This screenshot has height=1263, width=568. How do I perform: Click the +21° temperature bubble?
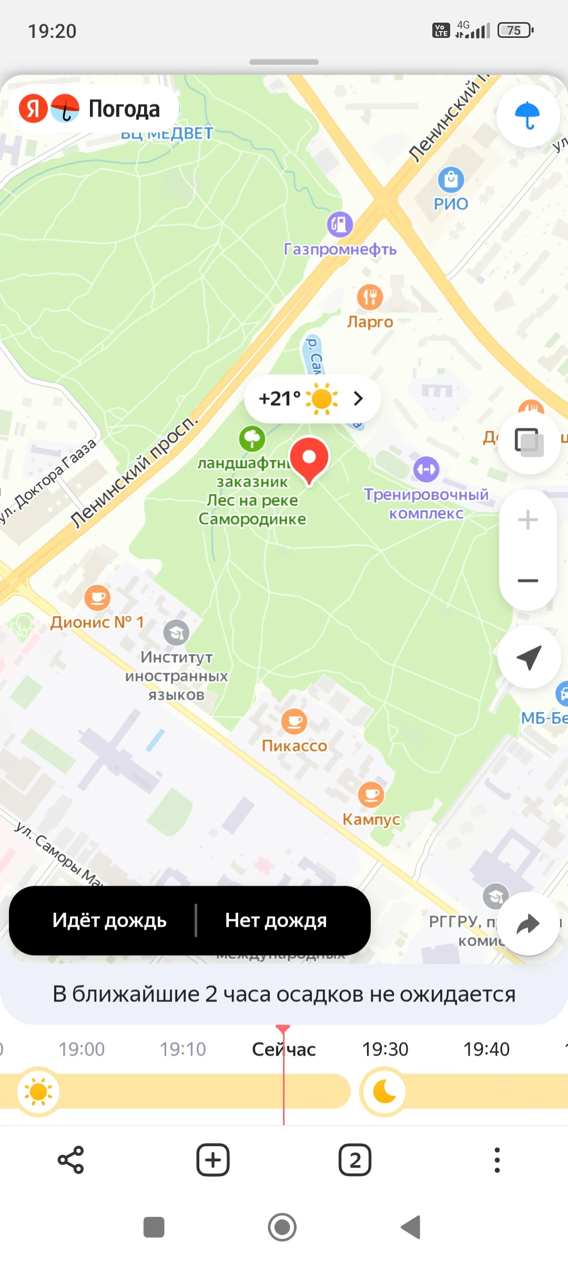[312, 398]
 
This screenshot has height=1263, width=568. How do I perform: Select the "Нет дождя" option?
[276, 920]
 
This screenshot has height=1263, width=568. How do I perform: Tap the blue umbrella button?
[528, 115]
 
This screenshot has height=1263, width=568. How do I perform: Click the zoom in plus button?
[528, 520]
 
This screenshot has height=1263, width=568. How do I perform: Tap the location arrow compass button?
[529, 657]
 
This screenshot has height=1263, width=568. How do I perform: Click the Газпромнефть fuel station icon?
[340, 225]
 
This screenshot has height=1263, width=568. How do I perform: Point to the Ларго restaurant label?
[370, 322]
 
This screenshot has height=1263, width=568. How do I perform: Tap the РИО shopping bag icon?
[451, 179]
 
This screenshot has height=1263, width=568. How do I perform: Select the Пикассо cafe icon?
[294, 721]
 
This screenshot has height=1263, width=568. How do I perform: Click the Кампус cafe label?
[371, 819]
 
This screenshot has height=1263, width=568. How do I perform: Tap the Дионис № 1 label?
[97, 622]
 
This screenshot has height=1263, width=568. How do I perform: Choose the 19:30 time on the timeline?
[385, 1049]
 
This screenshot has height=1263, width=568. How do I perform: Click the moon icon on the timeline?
[384, 1091]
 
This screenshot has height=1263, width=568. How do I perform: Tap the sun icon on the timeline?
[38, 1091]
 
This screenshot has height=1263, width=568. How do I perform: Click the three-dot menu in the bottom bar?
[497, 1160]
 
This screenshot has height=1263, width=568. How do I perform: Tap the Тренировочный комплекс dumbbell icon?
[426, 469]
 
